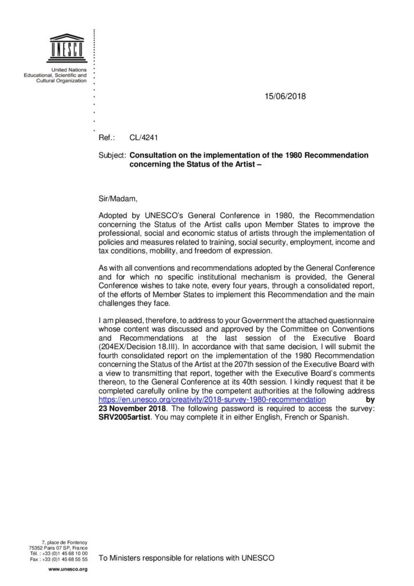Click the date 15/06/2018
[x=281, y=96]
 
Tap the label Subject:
[x=113, y=155]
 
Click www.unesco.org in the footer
[x=67, y=570]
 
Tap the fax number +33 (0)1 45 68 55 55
[x=65, y=559]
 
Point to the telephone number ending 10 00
[x=65, y=553]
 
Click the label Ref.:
[x=108, y=138]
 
